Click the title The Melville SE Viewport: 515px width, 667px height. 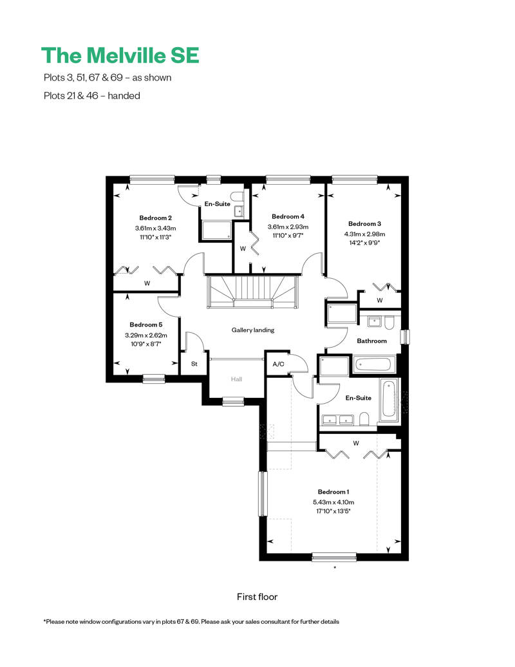pyautogui.click(x=120, y=55)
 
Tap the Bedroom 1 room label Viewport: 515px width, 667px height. pyautogui.click(x=333, y=491)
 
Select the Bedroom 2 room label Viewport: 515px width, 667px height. pyautogui.click(x=155, y=218)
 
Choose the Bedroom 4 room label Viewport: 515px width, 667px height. pyautogui.click(x=288, y=216)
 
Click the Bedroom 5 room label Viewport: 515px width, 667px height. pyautogui.click(x=145, y=324)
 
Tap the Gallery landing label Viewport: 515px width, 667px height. pyautogui.click(x=253, y=330)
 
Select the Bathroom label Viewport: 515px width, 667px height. pyautogui.click(x=372, y=341)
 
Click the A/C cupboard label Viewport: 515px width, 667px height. pyautogui.click(x=279, y=364)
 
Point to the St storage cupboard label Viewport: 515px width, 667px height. pyautogui.click(x=194, y=364)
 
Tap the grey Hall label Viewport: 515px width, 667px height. pyautogui.click(x=237, y=379)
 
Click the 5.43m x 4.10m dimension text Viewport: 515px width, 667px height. pyautogui.click(x=333, y=502)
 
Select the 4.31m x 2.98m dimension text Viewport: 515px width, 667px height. pyautogui.click(x=365, y=234)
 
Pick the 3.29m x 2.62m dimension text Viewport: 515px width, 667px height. pyautogui.click(x=145, y=335)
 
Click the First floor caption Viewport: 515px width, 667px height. pyautogui.click(x=257, y=597)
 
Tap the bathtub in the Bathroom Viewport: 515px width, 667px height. pyautogui.click(x=374, y=365)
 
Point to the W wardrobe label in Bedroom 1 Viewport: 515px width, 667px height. pyautogui.click(x=355, y=443)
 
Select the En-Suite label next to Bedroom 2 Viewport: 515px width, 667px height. pyautogui.click(x=218, y=203)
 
